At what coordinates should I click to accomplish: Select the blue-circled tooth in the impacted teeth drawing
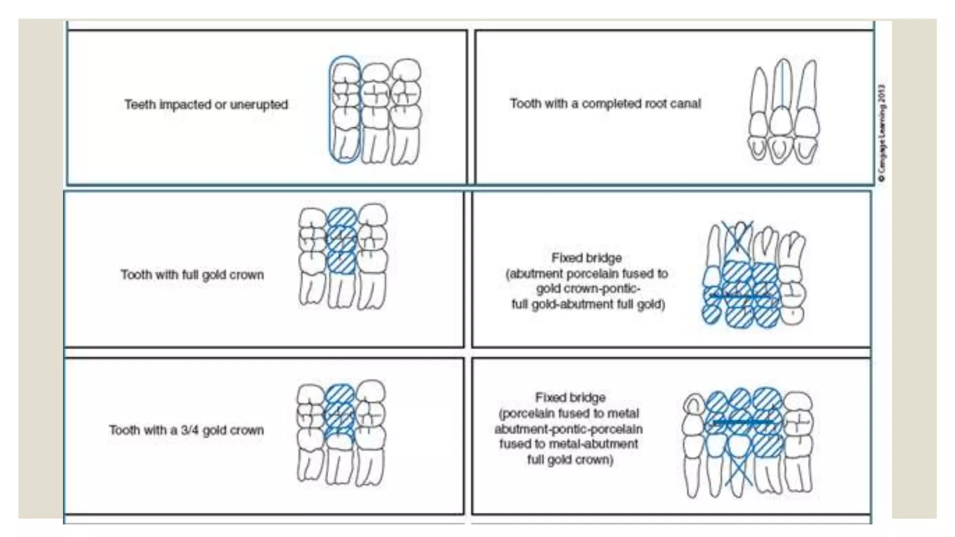[x=345, y=110]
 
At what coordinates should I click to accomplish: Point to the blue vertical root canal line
[x=782, y=84]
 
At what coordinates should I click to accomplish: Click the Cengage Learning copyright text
[x=881, y=133]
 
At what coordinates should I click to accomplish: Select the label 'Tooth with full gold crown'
[x=192, y=275]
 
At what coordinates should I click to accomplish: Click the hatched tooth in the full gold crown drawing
[x=341, y=241]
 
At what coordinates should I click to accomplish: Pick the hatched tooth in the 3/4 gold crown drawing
[x=339, y=410]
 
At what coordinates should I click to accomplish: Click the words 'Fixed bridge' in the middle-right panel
[x=586, y=258]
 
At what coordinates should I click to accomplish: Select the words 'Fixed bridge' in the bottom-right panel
[x=570, y=398]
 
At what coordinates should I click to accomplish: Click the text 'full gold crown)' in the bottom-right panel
[x=570, y=460]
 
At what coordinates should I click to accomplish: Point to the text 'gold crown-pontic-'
[x=588, y=289]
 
